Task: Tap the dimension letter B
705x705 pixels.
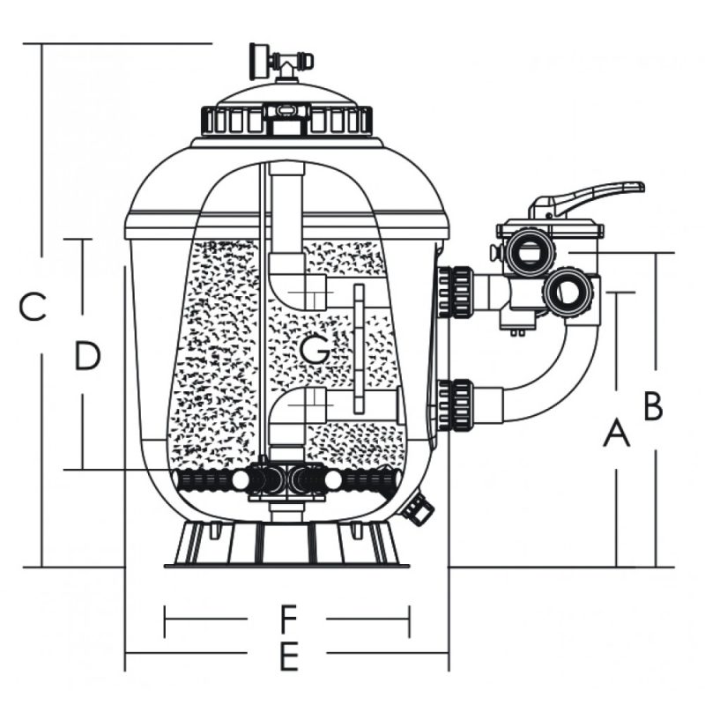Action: point(653,407)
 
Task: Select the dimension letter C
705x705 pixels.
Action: point(33,308)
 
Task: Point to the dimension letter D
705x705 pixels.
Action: point(86,357)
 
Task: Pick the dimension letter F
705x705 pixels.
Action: point(287,620)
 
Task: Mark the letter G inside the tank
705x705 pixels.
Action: point(315,350)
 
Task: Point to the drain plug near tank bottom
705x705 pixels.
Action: point(417,508)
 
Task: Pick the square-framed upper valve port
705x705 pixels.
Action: point(527,252)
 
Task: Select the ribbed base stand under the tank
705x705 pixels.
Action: point(285,544)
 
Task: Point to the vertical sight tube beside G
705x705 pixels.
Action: point(359,348)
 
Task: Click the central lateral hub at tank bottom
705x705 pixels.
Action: point(284,480)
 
